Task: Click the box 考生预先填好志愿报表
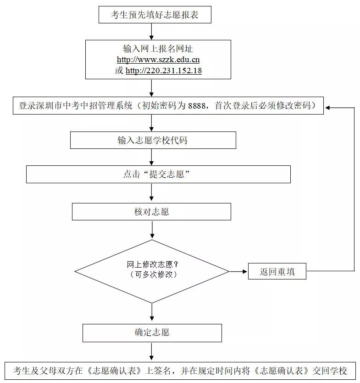[155, 15]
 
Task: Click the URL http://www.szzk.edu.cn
[158, 60]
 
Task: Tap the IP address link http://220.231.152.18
[164, 71]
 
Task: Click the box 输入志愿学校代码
[153, 140]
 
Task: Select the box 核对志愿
[151, 212]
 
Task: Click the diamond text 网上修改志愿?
[152, 265]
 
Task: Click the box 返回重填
[277, 272]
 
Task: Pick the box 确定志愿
[152, 332]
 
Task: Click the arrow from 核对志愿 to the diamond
[152, 230]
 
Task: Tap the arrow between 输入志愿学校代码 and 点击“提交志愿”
[152, 157]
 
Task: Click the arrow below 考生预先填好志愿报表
[152, 31]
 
